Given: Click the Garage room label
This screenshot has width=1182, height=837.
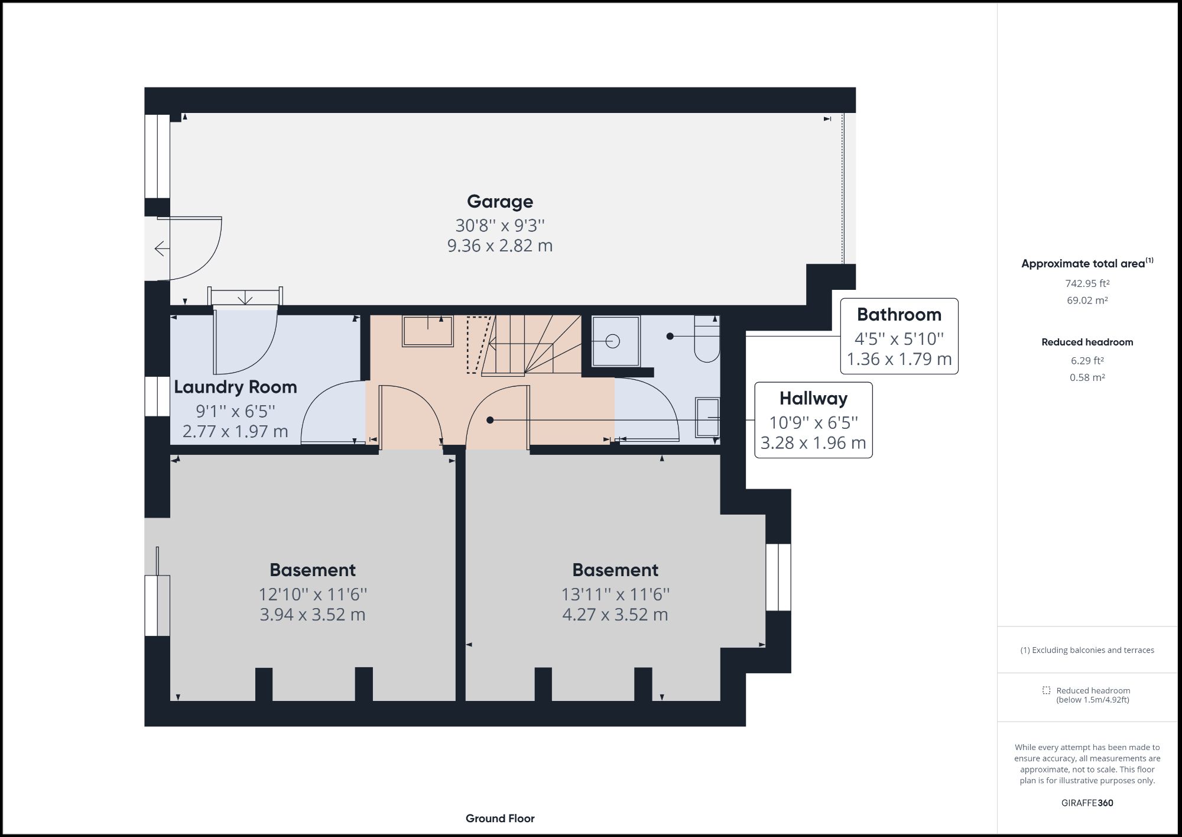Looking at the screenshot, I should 500,202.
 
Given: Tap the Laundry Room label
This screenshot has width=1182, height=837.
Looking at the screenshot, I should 235,387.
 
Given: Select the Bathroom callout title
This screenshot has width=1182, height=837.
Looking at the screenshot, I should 899,315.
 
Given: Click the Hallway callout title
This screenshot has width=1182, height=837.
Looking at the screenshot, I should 813,399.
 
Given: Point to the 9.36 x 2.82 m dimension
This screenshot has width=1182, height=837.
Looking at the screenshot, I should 500,245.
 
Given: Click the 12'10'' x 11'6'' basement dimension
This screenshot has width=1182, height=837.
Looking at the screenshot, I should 313,594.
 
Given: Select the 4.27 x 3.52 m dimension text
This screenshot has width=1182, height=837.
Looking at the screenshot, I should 615,615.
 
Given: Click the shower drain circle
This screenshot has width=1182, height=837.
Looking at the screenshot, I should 613,341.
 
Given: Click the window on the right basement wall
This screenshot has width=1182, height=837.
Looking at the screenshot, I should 778,577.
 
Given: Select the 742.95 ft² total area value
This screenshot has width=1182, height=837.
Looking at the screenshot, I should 1087,283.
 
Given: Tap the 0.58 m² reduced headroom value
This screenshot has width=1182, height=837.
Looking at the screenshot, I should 1087,377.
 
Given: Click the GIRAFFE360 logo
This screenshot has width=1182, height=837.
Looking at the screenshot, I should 1087,803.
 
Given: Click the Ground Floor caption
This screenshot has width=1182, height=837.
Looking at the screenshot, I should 500,819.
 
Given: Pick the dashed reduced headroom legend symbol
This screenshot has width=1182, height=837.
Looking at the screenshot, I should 1046,690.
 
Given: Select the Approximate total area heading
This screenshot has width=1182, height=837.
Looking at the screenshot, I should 1083,264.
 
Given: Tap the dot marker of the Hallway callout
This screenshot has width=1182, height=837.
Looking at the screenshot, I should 490,420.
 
